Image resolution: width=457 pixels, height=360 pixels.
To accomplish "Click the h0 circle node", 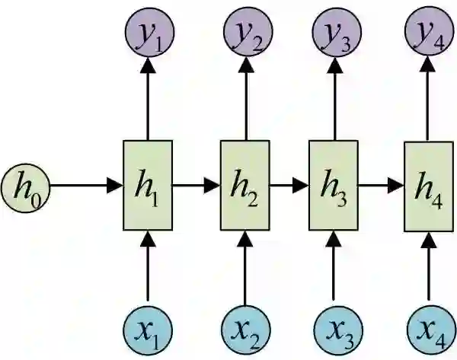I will click(25, 185).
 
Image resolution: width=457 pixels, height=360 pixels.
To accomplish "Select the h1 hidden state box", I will click(148, 185).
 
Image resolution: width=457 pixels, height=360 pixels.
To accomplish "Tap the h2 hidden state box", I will click(244, 185).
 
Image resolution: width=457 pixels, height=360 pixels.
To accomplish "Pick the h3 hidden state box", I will click(333, 185).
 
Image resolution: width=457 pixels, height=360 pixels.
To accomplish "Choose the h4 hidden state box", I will click(427, 185).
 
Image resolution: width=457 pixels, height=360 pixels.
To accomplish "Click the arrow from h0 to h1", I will click(84, 185).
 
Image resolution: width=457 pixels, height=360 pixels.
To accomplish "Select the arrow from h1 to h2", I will click(197, 185).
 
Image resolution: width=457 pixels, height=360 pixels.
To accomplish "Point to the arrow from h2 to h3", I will click(288, 185).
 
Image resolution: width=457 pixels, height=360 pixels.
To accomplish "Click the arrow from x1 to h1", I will click(148, 266).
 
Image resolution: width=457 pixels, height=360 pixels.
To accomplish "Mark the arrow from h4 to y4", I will click(427, 99).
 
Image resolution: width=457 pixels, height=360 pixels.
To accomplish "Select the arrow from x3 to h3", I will click(333, 266).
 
